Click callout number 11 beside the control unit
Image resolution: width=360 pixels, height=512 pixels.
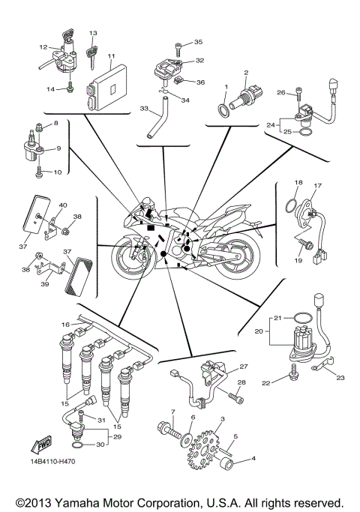[110, 56]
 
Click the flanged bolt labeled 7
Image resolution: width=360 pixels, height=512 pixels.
[166, 432]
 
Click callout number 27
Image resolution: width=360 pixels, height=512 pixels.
[243, 367]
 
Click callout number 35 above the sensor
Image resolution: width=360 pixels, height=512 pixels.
[198, 41]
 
